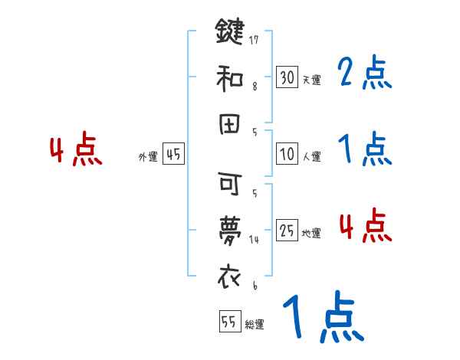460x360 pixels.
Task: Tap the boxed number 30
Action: click(287, 77)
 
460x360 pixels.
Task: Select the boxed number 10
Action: click(287, 154)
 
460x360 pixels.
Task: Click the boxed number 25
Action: click(287, 230)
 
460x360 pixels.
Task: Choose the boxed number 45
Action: click(173, 154)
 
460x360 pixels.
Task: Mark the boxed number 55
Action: click(228, 321)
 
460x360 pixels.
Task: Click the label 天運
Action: click(311, 80)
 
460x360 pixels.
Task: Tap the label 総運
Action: click(254, 325)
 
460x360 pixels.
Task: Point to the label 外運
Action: click(147, 157)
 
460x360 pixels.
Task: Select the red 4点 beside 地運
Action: click(364, 227)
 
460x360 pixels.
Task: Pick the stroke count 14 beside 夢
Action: click(252, 239)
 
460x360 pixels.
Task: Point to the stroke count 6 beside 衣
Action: click(252, 285)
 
